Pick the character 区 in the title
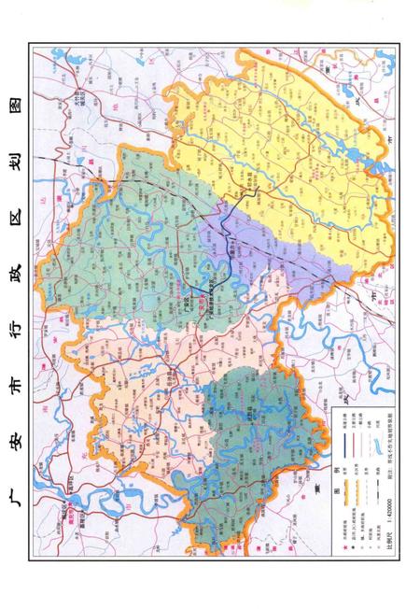(13, 184)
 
